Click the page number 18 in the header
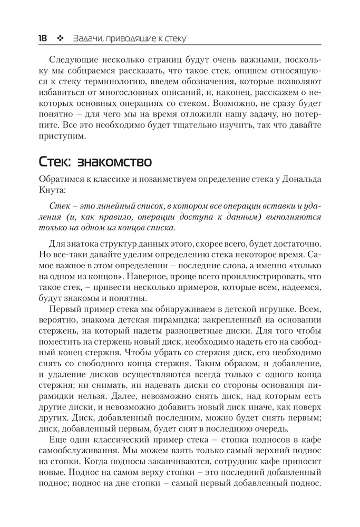point(43,38)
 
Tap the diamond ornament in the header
point(60,38)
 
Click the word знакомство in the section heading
point(117,160)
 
